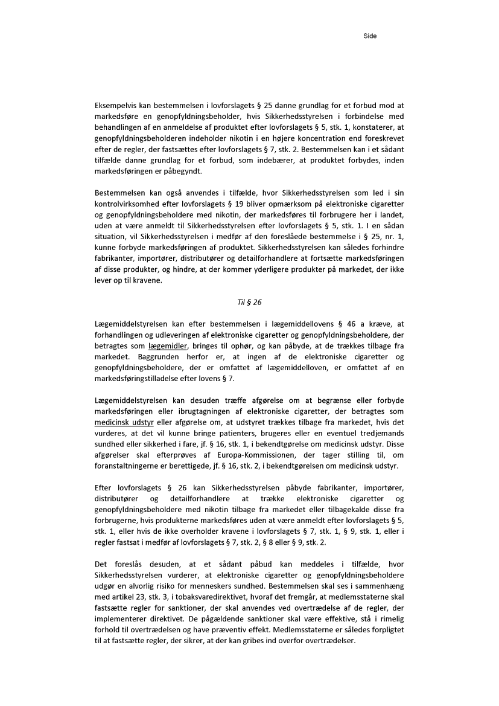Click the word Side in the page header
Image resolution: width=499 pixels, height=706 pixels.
pyautogui.click(x=370, y=36)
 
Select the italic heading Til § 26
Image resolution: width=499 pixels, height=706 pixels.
pyautogui.click(x=249, y=303)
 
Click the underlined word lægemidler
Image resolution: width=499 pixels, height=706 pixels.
pyautogui.click(x=168, y=346)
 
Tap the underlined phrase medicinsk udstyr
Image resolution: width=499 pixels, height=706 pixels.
pyautogui.click(x=124, y=423)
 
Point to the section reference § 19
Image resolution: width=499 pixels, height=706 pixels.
pyautogui.click(x=226, y=204)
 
